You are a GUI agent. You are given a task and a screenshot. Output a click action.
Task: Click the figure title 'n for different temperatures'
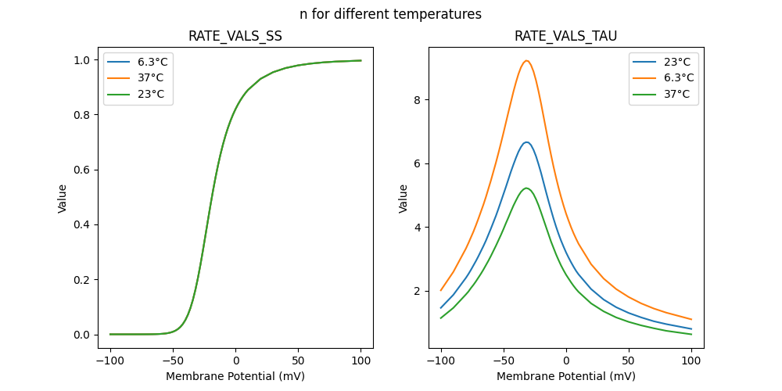pos(390,14)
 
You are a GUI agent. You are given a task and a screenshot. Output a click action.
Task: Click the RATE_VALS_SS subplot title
pos(235,36)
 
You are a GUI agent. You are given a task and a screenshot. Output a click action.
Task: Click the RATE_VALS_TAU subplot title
pos(565,36)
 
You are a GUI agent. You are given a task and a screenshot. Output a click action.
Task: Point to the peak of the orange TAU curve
pos(526,61)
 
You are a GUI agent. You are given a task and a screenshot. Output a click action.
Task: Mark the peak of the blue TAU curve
pos(526,142)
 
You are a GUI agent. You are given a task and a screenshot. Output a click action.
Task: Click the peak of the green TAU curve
pos(526,188)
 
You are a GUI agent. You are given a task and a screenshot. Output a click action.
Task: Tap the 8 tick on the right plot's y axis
pos(418,100)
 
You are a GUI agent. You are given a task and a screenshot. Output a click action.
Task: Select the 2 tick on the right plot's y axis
pos(418,291)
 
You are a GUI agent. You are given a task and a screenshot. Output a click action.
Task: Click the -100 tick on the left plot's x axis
pos(110,360)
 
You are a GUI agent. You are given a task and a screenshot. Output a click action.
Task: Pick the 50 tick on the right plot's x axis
pos(629,360)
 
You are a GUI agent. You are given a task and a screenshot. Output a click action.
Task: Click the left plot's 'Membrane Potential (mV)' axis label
pos(235,376)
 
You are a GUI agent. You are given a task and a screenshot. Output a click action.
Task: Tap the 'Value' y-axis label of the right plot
pos(404,199)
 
